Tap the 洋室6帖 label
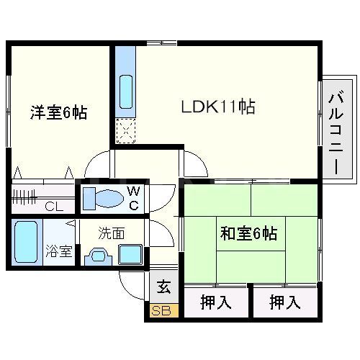58,113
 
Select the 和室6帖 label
249,233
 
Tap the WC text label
134,196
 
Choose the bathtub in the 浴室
27,243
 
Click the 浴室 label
60,251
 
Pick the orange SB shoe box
161,311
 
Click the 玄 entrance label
163,287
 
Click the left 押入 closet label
215,302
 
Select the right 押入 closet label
285,302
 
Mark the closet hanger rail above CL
29,194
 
